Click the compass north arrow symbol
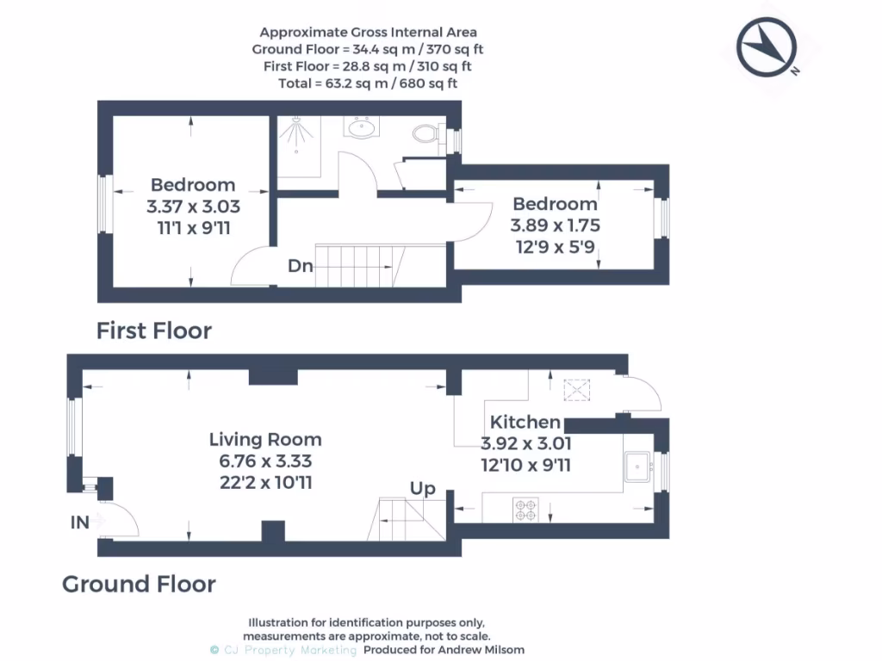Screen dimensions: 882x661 tap(767, 47)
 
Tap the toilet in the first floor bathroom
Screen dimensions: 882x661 tap(427, 133)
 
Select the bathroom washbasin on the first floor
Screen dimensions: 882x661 tap(361, 127)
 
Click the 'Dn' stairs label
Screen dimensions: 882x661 tap(301, 266)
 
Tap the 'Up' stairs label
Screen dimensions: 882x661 tap(422, 489)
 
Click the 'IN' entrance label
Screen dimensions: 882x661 tap(80, 522)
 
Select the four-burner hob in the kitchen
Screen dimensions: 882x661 tap(526, 510)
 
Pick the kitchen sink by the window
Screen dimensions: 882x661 tap(638, 467)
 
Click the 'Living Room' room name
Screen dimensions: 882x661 tap(265, 440)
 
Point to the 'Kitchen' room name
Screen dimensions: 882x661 tap(525, 422)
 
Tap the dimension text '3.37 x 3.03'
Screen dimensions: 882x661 tap(194, 207)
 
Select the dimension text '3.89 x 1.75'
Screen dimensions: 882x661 tap(556, 225)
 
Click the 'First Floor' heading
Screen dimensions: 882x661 tap(154, 330)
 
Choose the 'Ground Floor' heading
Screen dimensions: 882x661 tap(139, 584)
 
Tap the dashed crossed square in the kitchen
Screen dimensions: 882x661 tap(577, 390)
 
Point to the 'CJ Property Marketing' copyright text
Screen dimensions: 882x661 tap(283, 651)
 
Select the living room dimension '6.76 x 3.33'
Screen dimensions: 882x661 tap(265, 461)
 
